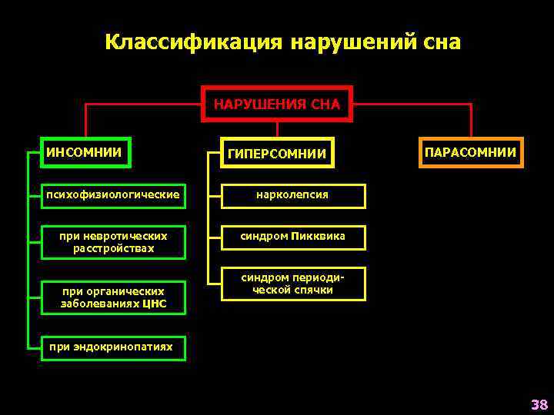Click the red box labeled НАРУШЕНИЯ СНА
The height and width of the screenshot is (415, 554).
277,104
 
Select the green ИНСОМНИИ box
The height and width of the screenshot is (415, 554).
85,152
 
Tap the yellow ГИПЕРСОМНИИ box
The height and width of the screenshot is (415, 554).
277,154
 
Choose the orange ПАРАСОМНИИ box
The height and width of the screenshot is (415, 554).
470,152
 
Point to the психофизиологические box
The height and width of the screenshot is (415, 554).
113,195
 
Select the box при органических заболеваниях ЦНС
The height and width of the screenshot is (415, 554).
113,297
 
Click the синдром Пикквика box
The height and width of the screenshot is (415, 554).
292,237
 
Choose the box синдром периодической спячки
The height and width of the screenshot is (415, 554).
292,284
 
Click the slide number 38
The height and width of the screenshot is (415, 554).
538,404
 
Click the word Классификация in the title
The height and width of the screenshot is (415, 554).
193,41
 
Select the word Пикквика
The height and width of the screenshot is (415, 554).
319,237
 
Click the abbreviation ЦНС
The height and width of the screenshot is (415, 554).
152,304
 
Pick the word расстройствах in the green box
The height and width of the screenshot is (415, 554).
113,249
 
